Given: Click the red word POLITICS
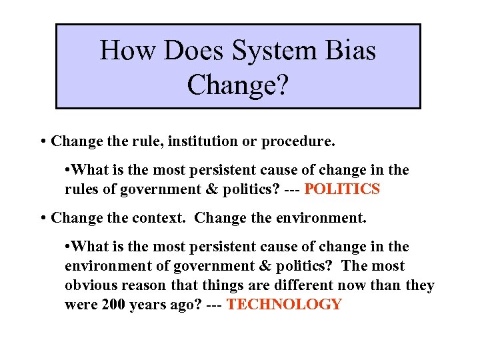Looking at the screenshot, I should point(342,189).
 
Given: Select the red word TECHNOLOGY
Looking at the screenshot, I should point(284,305).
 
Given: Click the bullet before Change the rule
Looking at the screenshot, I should point(43,142).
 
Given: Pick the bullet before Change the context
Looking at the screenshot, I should point(43,218).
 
